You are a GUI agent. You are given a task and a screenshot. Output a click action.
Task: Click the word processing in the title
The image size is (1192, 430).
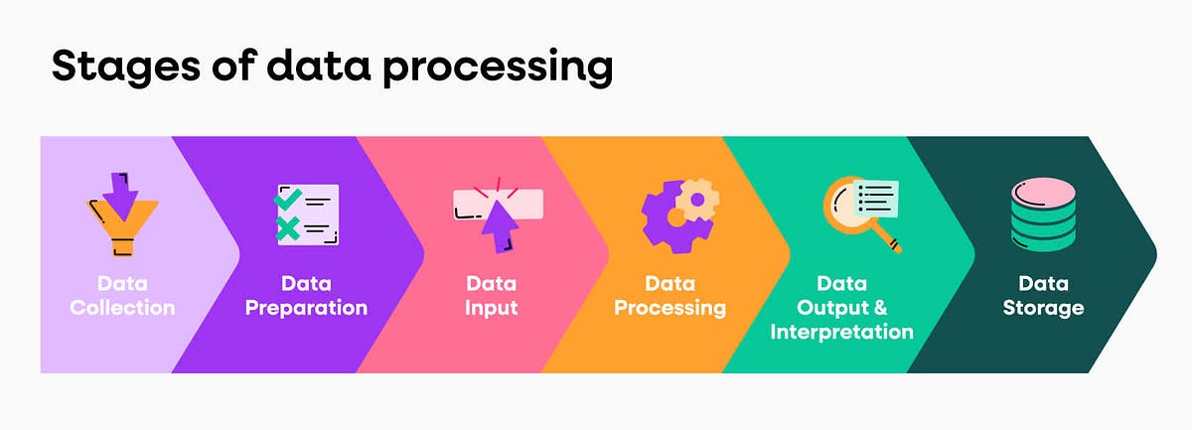coord(497,69)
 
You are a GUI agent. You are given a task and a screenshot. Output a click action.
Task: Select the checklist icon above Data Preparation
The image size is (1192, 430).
coord(306,215)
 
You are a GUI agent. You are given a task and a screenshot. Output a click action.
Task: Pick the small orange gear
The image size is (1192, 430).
coord(698,200)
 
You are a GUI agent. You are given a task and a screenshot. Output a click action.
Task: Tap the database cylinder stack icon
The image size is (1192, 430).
coord(1042,215)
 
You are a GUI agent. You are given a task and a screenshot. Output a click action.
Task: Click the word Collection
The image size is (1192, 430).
coord(122,308)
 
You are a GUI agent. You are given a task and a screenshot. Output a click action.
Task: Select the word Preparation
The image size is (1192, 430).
coord(306,308)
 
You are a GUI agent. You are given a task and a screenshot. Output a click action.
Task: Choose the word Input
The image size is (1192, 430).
coord(492,308)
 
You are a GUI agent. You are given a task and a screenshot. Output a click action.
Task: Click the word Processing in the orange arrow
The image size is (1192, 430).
coord(670,308)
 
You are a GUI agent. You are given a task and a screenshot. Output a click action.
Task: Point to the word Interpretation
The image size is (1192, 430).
coord(841,332)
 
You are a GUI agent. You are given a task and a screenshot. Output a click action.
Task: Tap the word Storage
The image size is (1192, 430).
coord(1043,308)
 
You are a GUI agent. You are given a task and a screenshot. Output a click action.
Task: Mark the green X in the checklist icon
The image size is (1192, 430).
coord(287,229)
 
